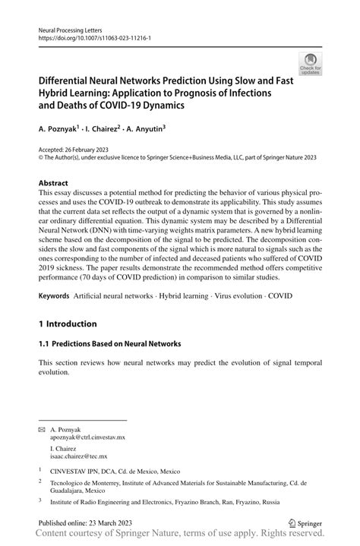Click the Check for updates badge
click(310, 64)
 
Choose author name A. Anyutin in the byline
click(162, 129)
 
